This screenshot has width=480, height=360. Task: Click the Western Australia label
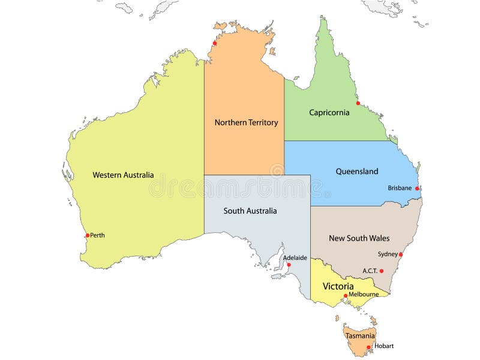point(123,175)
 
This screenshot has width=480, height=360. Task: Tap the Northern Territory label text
point(246,122)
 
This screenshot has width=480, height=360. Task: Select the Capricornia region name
point(329,112)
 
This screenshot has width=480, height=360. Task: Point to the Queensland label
point(356,172)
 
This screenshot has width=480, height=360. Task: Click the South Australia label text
point(250,211)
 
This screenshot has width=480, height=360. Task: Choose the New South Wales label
point(359,238)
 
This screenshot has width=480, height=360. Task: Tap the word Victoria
point(338,286)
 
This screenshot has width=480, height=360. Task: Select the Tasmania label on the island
point(360,336)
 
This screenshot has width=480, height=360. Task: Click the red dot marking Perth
point(88,235)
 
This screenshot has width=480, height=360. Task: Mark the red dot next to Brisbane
point(417,188)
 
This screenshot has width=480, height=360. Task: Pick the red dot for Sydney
point(401,254)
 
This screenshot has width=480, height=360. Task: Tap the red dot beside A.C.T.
point(382,271)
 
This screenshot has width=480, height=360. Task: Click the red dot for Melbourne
point(346,295)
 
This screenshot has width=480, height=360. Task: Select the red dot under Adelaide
point(289,265)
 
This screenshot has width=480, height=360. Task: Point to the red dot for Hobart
point(368,347)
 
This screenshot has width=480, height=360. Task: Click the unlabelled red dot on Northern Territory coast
point(214,43)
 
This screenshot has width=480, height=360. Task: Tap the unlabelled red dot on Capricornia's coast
point(358,103)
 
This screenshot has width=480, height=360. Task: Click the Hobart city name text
point(384,346)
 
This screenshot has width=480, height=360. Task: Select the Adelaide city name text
point(295,258)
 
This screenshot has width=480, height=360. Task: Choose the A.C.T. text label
point(370,271)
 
